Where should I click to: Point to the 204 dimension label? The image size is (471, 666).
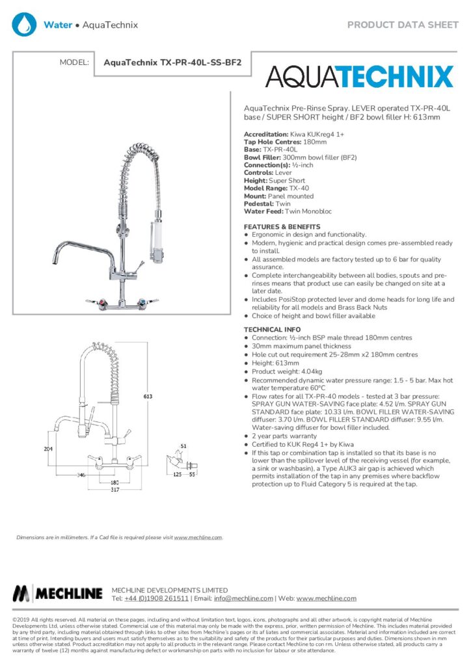click(x=47, y=449)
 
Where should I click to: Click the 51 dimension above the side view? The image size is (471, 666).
click(x=183, y=446)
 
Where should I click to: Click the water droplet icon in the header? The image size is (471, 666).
click(x=25, y=25)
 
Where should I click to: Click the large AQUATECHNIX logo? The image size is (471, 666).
click(x=359, y=77)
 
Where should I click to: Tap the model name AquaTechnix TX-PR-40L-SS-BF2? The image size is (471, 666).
click(x=172, y=63)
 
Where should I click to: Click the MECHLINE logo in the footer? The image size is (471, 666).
click(x=58, y=593)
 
